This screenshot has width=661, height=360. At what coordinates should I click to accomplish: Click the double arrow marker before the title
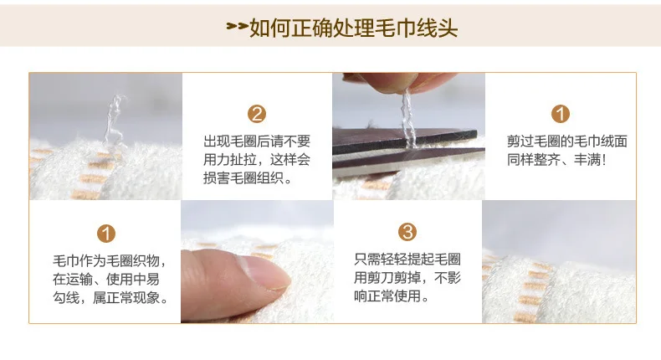(238, 26)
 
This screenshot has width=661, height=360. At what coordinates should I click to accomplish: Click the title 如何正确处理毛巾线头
(353, 28)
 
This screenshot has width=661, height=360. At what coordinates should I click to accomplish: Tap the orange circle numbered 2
(257, 114)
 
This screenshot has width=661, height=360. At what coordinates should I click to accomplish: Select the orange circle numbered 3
(407, 231)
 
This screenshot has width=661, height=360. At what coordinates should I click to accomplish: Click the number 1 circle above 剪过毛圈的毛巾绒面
(561, 114)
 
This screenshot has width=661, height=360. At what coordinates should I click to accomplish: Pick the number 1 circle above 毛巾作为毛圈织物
(106, 234)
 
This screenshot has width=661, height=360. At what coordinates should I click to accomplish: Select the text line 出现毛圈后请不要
(257, 141)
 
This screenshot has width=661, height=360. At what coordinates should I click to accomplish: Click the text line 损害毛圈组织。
(248, 178)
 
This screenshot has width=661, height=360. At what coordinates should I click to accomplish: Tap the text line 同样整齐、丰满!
(556, 160)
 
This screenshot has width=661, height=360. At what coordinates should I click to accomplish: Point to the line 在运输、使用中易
(105, 279)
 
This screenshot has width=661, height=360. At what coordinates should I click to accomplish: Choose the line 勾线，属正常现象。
(110, 297)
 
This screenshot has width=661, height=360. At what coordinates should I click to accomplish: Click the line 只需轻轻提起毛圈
(407, 260)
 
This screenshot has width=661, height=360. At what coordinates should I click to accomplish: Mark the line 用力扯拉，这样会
(257, 160)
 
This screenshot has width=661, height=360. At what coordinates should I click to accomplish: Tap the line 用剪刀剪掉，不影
(407, 278)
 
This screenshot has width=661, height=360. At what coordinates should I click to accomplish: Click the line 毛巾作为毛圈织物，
(110, 261)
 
